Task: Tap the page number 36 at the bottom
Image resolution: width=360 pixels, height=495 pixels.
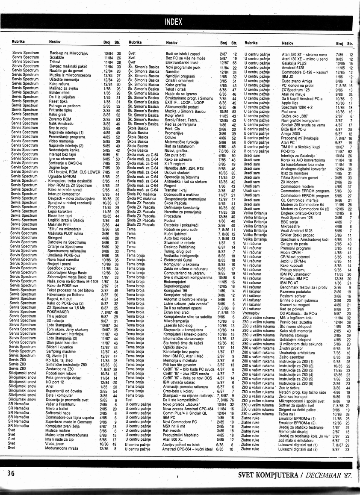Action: point(12,473)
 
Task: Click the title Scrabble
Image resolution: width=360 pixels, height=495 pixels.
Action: point(56,57)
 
